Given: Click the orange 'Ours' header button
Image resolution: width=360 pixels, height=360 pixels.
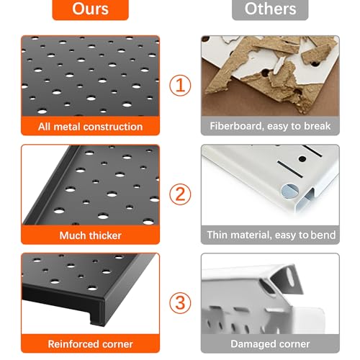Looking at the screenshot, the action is coord(91,9).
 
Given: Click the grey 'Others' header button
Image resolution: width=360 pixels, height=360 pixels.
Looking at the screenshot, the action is coord(270,9).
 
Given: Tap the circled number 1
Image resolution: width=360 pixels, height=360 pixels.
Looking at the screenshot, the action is coord(180,85).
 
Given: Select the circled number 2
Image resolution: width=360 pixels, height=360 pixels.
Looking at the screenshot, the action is coord(180,194).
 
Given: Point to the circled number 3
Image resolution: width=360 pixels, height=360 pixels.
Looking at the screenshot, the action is coord(180,302).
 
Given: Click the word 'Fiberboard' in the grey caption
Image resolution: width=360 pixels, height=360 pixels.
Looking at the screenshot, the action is coord(236,126).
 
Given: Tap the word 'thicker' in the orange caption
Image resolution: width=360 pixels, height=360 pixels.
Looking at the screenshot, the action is coord(106,235).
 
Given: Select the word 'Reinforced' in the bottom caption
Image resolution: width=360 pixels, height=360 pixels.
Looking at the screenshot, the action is coord(74,344).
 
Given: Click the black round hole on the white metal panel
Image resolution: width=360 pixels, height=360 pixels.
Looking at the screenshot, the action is coord(302,158).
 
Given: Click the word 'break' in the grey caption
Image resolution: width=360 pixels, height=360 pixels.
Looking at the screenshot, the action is coord(318,126).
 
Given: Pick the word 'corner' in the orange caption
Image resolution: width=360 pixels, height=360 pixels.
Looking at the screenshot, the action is coord(117,344).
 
